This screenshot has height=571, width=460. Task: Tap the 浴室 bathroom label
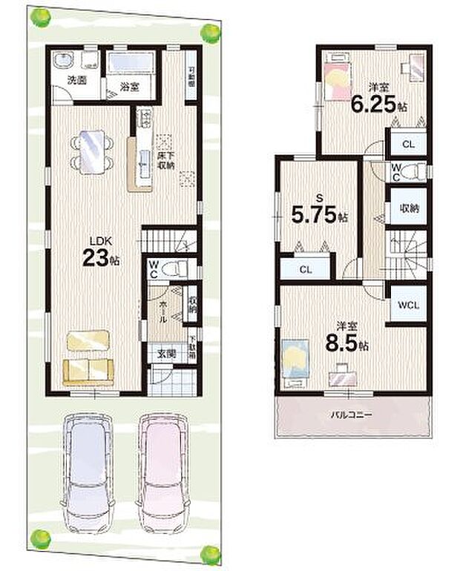tap(129, 88)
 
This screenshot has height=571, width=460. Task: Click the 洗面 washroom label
tap(77, 79)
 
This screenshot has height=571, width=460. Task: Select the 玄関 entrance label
tap(165, 354)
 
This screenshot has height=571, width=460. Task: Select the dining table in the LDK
tap(93, 151)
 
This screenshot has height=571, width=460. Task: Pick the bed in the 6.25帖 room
tap(338, 80)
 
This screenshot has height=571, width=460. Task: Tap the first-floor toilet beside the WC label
tap(172, 269)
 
